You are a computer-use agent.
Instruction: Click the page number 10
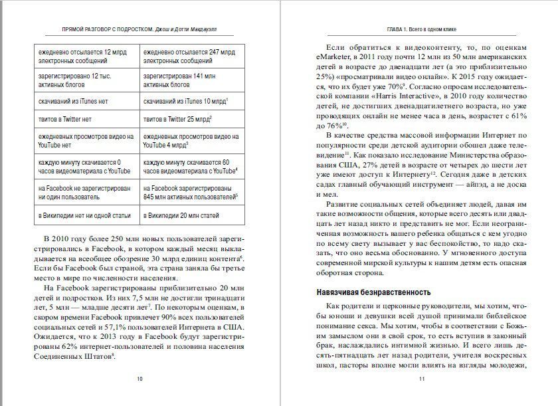tap(139, 379)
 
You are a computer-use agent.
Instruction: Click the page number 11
tap(421, 379)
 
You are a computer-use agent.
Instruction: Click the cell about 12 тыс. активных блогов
tap(86, 80)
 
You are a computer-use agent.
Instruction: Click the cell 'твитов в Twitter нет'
tap(86, 120)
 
